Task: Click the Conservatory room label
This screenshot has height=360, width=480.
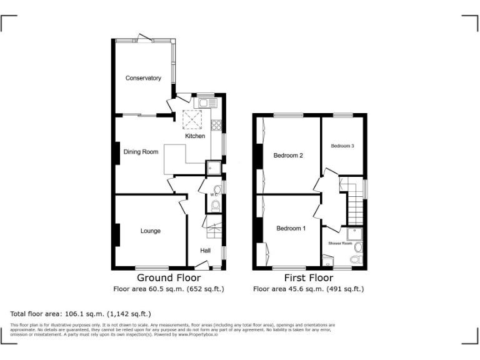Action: (x=143, y=78)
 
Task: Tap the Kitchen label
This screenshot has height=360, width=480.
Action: (x=194, y=136)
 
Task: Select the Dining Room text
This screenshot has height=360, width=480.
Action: (x=141, y=151)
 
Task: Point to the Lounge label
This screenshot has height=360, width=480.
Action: (x=150, y=231)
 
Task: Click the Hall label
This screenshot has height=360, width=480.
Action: (x=205, y=251)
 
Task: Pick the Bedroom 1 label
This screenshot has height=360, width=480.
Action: (x=291, y=228)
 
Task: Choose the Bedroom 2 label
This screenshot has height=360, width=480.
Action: (x=288, y=155)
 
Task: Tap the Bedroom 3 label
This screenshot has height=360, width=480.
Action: (x=342, y=146)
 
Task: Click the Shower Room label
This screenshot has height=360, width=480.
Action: (x=337, y=243)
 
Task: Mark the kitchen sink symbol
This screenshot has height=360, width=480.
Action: (x=207, y=102)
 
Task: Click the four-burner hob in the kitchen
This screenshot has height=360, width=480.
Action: (x=217, y=124)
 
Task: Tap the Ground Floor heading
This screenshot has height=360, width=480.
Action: (x=169, y=277)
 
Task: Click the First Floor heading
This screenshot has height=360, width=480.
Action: (x=307, y=277)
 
